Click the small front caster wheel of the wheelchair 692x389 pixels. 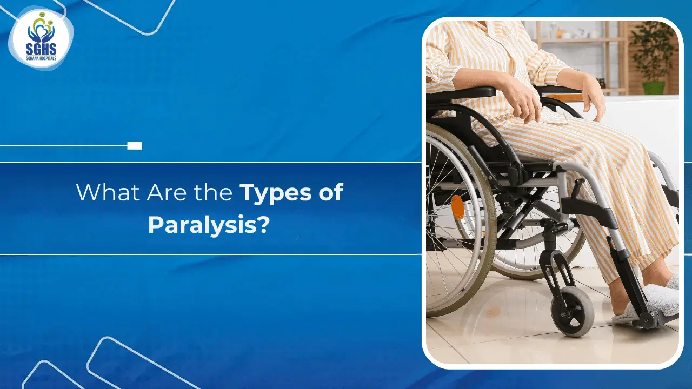click(x=572, y=311)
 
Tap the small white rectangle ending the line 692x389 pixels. click(x=135, y=145)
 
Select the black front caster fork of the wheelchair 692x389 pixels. click(x=557, y=270)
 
